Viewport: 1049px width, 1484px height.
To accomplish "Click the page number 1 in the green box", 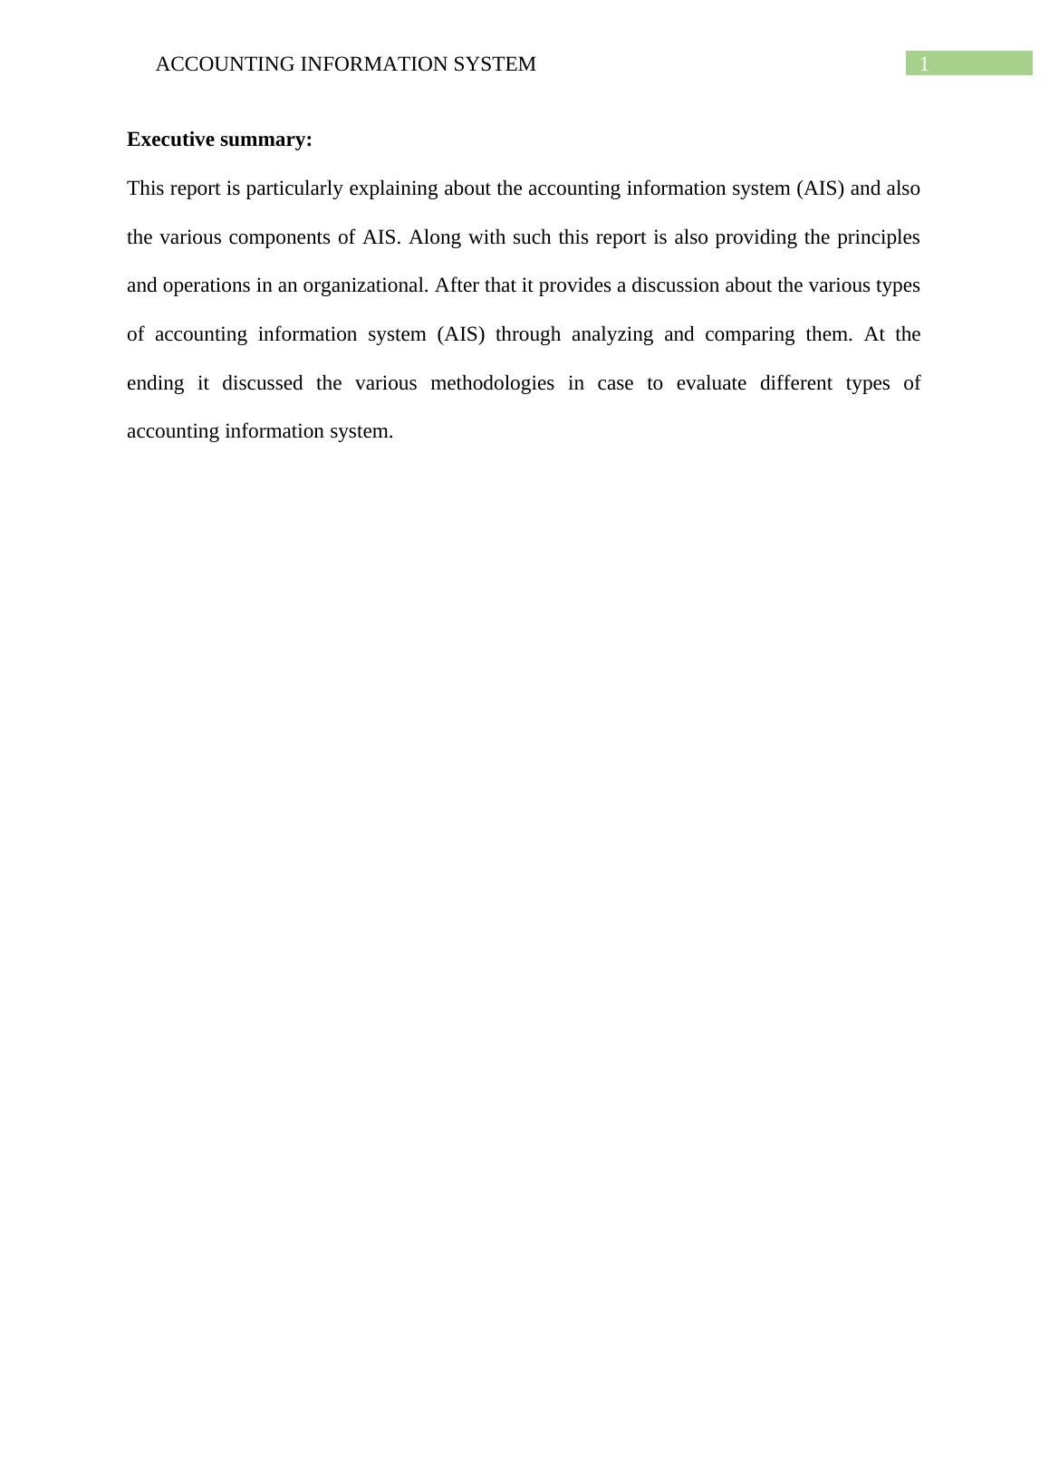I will tap(924, 64).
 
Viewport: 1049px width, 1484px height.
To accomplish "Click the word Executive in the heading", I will tap(168, 140).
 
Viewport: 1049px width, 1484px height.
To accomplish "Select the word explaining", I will tap(395, 188).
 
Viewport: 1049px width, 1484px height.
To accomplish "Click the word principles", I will tap(878, 237).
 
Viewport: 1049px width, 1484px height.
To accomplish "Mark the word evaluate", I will tap(711, 383).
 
